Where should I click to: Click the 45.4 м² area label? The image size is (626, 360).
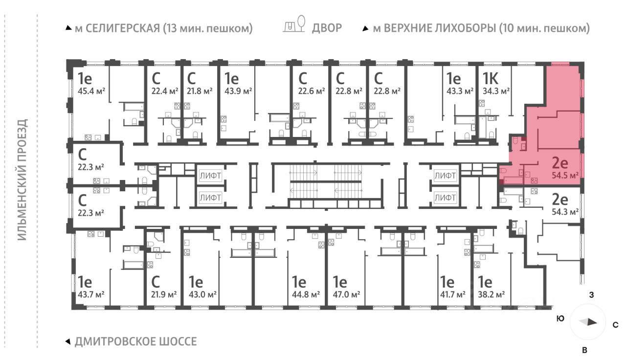pos(91,91)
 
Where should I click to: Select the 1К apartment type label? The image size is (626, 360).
pos(491,79)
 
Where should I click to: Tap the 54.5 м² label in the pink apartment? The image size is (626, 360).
pos(565,176)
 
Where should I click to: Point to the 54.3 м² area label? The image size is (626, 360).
pos(565,212)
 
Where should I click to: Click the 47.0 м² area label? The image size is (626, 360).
pos(347,294)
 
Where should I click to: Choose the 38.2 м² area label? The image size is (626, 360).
pos(492,294)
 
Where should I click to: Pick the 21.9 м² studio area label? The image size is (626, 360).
pos(164,294)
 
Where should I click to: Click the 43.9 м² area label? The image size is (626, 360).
pos(238,91)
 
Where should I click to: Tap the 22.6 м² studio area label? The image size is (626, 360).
pos(312,91)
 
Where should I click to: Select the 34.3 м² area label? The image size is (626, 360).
pos(496,91)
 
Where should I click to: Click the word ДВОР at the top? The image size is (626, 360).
pos(327,28)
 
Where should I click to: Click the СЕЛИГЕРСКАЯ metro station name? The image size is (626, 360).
pos(123,28)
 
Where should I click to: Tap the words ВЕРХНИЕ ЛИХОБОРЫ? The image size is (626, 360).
pos(440,28)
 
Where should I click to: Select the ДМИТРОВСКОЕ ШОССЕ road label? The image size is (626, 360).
pos(136,341)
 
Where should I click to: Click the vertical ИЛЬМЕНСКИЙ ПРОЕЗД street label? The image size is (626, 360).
pos(22,180)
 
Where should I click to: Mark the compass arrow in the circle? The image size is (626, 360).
pos(588,322)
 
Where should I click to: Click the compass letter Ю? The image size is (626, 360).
pos(560,318)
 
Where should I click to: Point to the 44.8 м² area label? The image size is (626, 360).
pos(306,294)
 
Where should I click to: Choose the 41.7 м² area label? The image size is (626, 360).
pos(453,294)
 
